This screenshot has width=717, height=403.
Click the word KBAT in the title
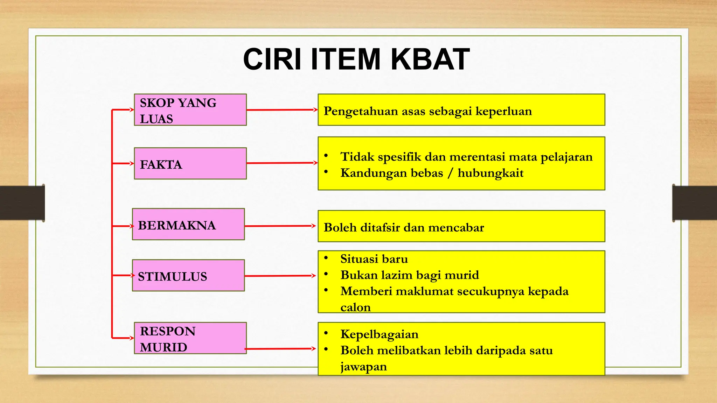[x=430, y=59]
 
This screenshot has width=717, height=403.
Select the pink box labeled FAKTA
[x=190, y=163]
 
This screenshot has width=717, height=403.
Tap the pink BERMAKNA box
[x=188, y=224]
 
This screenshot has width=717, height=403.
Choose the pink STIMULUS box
[x=188, y=275]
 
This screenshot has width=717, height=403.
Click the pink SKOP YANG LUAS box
[x=190, y=110]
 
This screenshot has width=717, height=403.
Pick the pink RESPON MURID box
[x=190, y=338]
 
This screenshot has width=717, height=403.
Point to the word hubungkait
[x=490, y=173]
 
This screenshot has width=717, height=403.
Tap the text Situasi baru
[x=374, y=259]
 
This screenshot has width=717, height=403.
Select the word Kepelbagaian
[x=379, y=334]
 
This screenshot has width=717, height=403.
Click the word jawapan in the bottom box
[x=363, y=367]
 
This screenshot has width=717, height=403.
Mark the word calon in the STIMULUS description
[x=355, y=307]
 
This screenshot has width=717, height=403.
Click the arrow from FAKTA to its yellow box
[x=282, y=163]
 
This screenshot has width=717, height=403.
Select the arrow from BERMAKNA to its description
[x=280, y=226]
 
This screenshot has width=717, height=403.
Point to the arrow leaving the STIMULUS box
[x=280, y=276]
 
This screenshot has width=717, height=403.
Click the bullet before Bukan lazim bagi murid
[x=326, y=274]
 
